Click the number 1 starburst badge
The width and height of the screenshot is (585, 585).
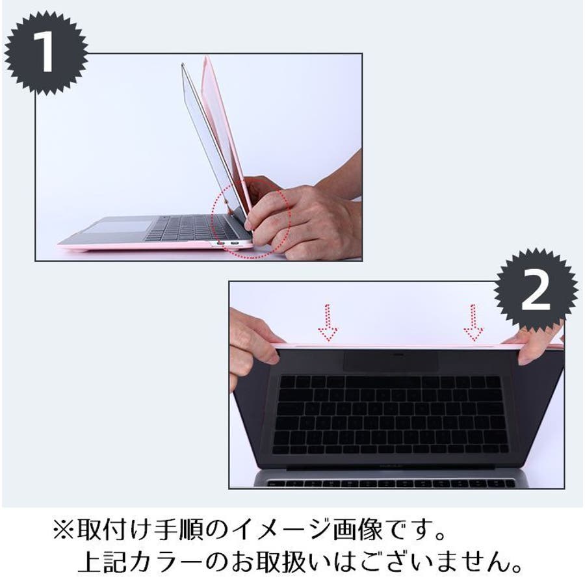pos(46,53)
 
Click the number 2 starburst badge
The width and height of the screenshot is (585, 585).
pos(536,291)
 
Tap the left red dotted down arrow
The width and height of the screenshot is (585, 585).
pos(328,322)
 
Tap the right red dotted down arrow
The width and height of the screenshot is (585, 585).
pos(473,322)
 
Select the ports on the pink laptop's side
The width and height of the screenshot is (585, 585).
pos(227,244)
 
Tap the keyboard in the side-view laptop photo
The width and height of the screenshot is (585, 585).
pos(190,227)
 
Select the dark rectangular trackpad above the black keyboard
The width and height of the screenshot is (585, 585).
pos(391,360)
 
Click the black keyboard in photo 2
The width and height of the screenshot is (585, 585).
pos(390,415)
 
